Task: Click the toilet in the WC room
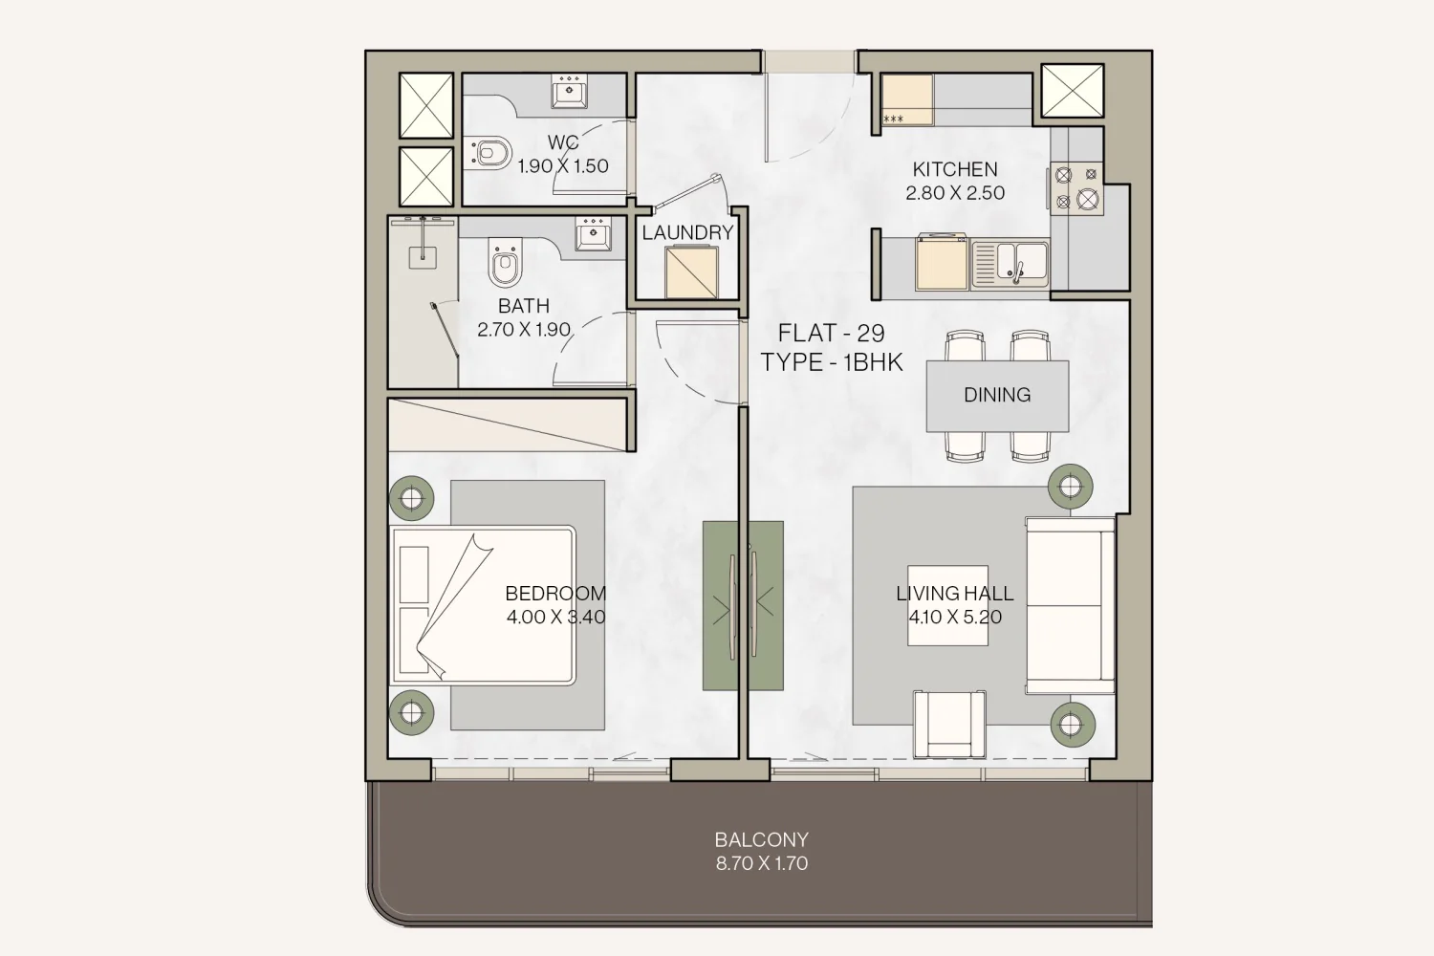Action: (x=489, y=153)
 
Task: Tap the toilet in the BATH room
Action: (x=505, y=262)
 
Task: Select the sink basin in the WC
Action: (x=569, y=91)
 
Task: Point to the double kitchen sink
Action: (x=1010, y=264)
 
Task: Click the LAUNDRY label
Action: (x=687, y=232)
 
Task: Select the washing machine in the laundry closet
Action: (x=691, y=272)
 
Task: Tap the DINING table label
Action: (x=997, y=395)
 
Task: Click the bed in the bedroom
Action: (x=484, y=605)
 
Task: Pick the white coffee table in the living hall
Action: (x=947, y=605)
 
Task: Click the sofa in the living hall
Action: (x=1071, y=605)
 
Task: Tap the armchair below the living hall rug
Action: (x=949, y=724)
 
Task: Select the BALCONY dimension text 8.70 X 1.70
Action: (x=762, y=863)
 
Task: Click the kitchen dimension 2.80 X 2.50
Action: (x=954, y=193)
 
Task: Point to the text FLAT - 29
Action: (x=831, y=333)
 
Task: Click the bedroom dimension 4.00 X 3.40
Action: (x=555, y=617)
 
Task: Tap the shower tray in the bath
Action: (x=424, y=302)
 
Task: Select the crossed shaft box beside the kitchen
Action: (x=1073, y=90)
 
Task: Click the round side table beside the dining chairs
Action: (x=1071, y=487)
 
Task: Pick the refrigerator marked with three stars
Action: (x=908, y=99)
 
